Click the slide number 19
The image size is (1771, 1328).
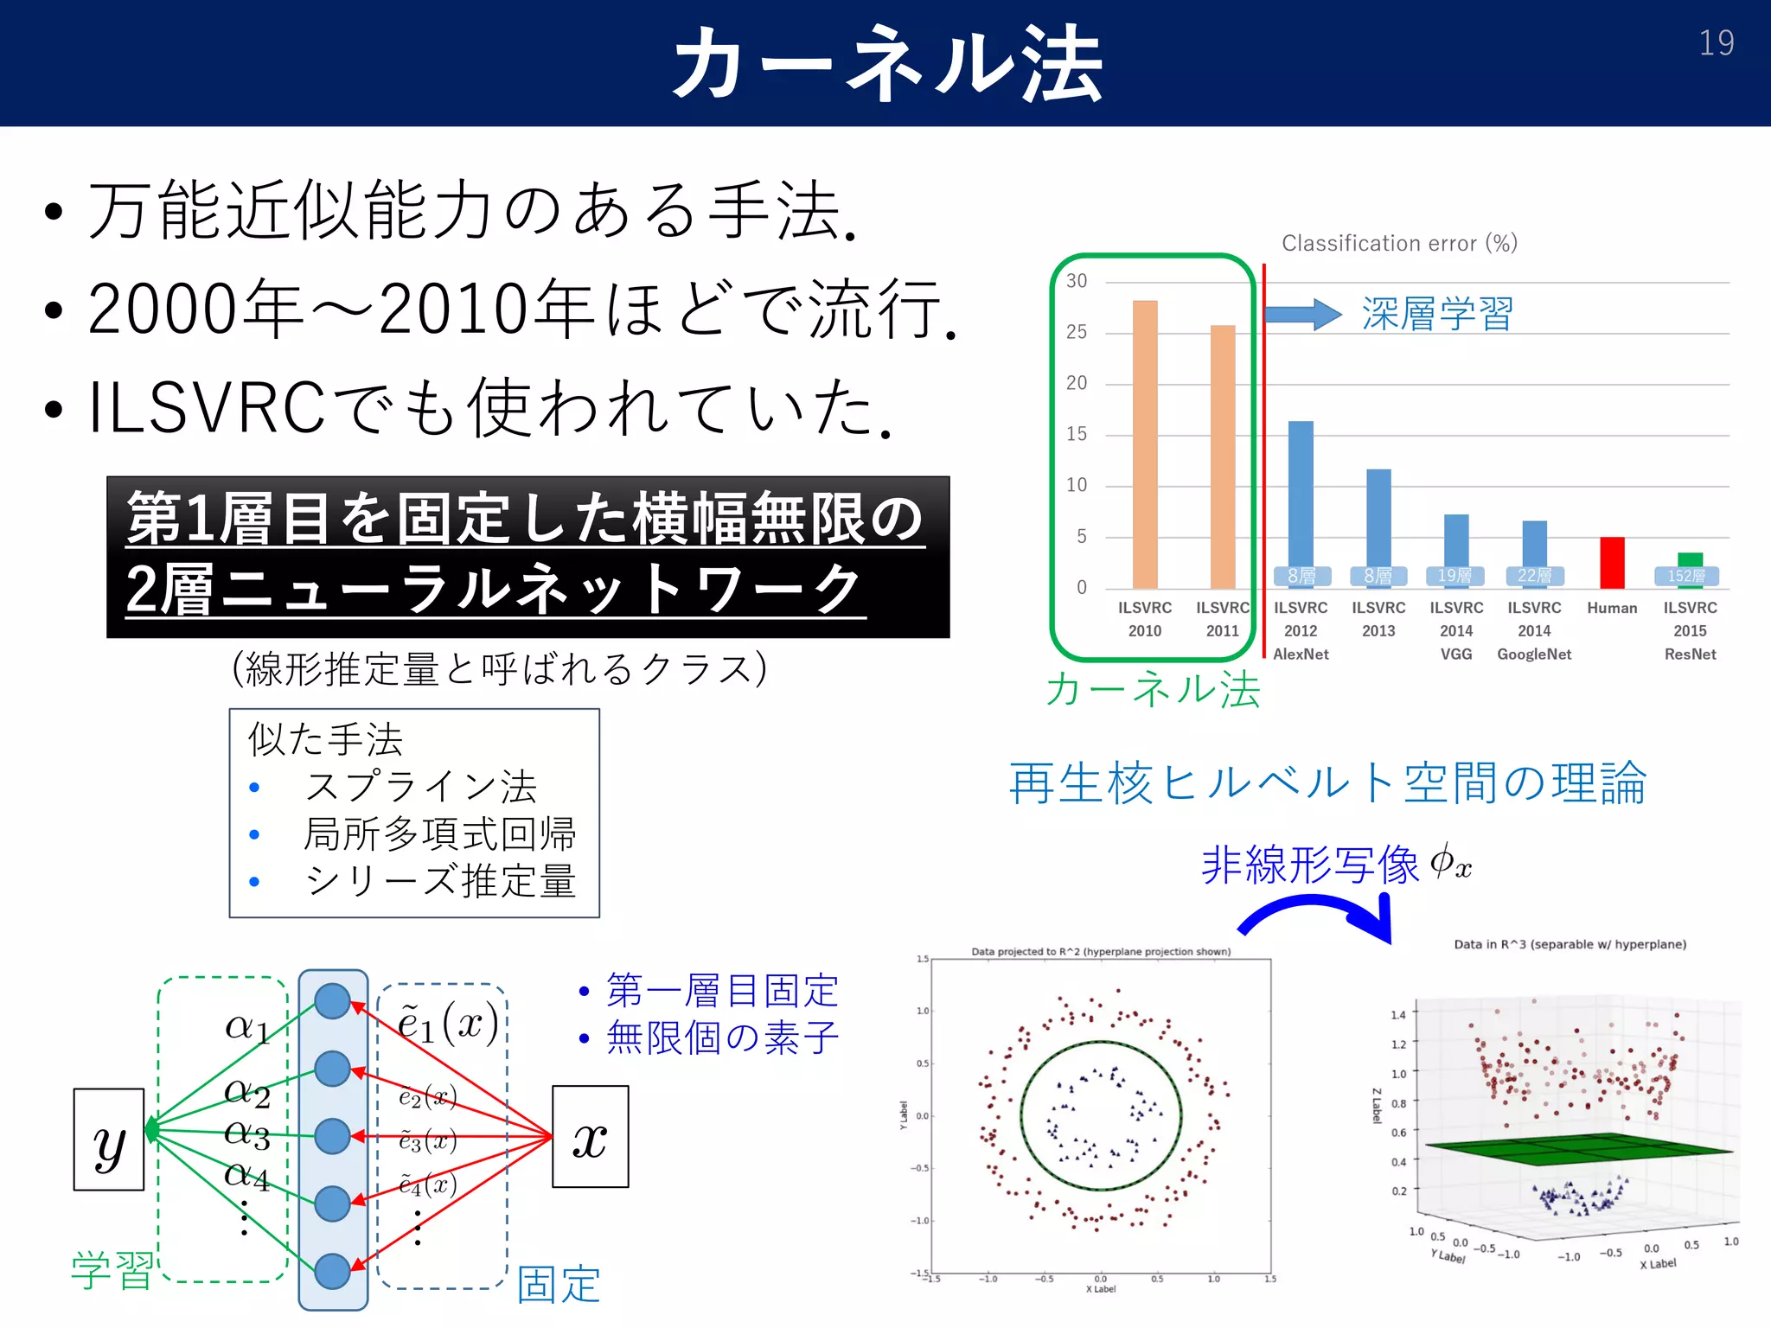[x=1716, y=43]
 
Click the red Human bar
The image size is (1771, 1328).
[x=1612, y=562]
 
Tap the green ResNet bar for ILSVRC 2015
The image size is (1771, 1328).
[x=1690, y=559]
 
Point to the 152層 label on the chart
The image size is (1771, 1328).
[x=1686, y=576]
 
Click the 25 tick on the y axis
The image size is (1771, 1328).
[x=1077, y=332]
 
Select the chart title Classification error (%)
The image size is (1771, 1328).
[x=1399, y=244]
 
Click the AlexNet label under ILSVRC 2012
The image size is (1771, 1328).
[x=1301, y=654]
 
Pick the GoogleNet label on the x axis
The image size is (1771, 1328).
[x=1534, y=654]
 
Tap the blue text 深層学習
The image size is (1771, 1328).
[x=1437, y=313]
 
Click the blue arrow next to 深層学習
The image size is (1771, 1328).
[x=1302, y=314]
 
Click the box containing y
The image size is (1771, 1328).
[x=109, y=1140]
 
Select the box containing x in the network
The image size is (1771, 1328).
[x=591, y=1137]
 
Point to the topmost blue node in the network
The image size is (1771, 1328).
[x=333, y=1001]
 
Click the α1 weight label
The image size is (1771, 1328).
[x=247, y=1027]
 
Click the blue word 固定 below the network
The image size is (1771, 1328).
[x=559, y=1284]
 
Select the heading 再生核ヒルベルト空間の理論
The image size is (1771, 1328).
[x=1327, y=783]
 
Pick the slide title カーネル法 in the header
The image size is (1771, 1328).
[x=887, y=63]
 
